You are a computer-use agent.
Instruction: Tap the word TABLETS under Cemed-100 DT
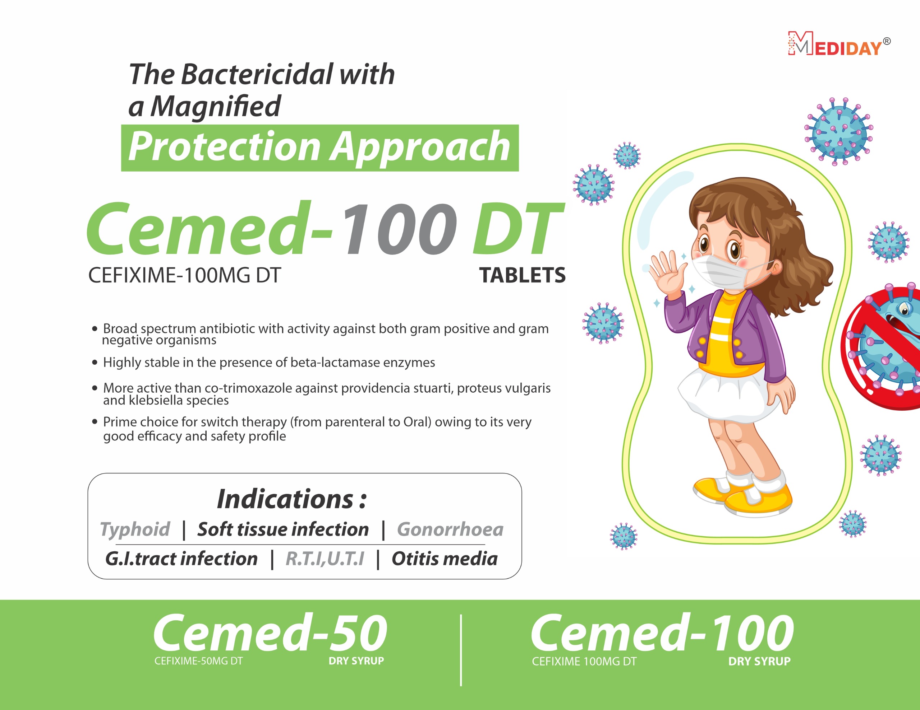click(522, 275)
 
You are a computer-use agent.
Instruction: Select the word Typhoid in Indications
click(135, 529)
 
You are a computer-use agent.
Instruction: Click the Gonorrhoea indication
click(450, 529)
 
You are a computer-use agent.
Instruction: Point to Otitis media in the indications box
click(445, 559)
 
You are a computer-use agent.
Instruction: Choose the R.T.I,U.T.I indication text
click(325, 559)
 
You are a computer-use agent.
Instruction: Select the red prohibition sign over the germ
click(880, 347)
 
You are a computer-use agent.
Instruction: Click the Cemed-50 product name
click(270, 632)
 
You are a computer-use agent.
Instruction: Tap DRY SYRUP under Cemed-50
click(356, 661)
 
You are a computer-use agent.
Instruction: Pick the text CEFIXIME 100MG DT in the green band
click(584, 661)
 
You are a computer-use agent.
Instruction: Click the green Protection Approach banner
click(320, 148)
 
